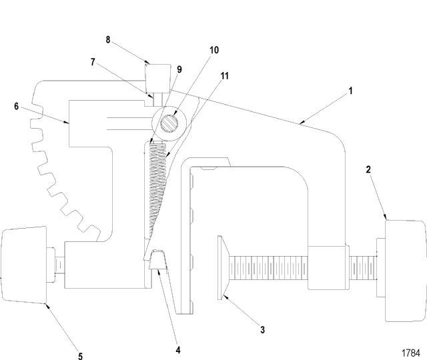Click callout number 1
351,91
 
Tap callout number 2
368,170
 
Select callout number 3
262,330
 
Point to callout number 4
178,350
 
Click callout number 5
80,356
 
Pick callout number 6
16,106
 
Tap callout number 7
93,62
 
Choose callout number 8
108,40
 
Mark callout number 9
179,69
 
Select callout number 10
214,50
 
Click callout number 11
224,76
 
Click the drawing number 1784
411,353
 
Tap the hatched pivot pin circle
169,123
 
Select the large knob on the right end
405,271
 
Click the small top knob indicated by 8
158,78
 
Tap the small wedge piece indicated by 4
158,259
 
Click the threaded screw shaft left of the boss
269,268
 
